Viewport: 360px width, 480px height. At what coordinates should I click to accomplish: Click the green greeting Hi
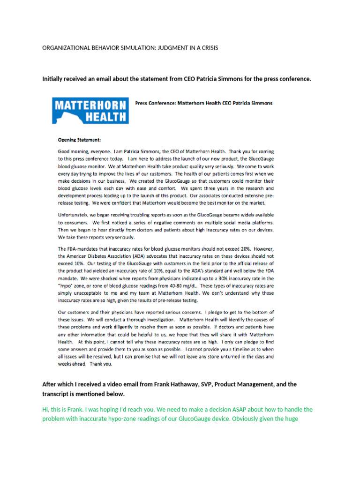pos(45,410)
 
